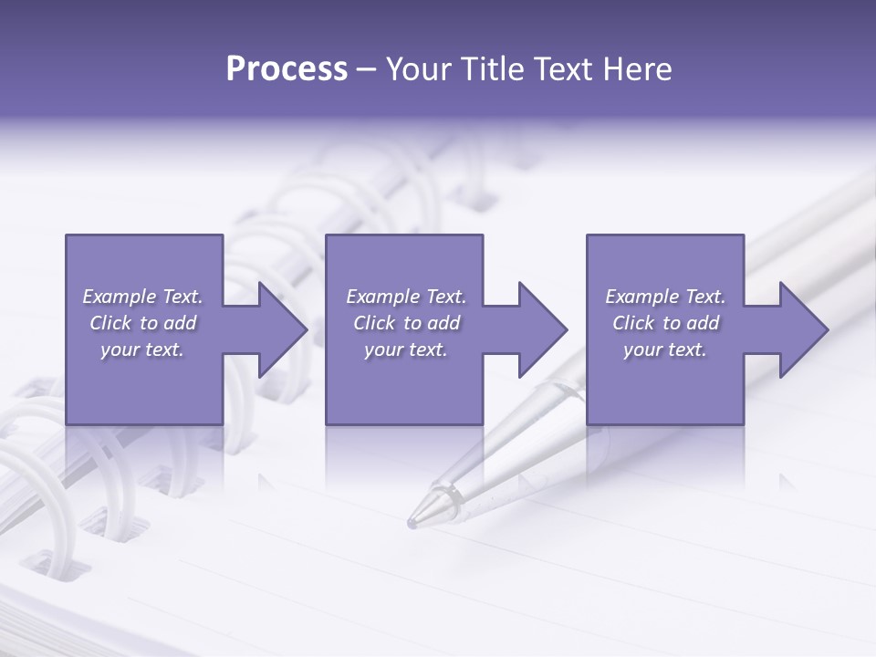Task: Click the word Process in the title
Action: (x=287, y=69)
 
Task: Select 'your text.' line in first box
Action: (x=142, y=349)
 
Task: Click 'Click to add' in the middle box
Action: (x=406, y=323)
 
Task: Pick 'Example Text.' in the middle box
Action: (x=406, y=297)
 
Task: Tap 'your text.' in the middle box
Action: (x=406, y=349)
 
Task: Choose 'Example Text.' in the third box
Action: (x=665, y=297)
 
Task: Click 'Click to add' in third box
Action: (x=665, y=323)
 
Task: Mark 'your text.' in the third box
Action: (x=665, y=349)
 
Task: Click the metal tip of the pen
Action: (x=416, y=521)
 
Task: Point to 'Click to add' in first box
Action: (x=142, y=323)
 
